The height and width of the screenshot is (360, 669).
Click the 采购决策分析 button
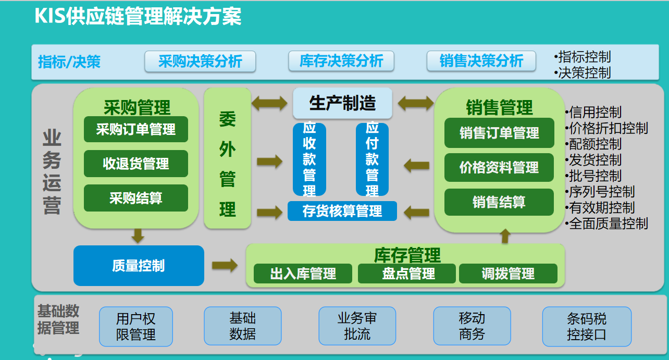(x=200, y=61)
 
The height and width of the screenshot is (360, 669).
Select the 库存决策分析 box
(x=341, y=61)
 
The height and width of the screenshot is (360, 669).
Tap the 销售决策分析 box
(x=481, y=61)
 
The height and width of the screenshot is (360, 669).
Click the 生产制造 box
(x=342, y=103)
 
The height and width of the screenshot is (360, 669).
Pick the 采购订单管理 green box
(x=135, y=129)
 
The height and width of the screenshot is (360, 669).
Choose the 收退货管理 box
(x=135, y=164)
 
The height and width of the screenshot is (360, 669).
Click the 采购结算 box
(x=135, y=198)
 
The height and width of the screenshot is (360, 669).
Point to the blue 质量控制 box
(x=139, y=266)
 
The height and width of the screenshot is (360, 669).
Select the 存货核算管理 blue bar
(x=342, y=211)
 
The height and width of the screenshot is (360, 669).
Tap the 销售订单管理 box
(x=499, y=133)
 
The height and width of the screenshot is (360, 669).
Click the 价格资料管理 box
(x=499, y=167)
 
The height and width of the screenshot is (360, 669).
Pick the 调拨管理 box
(x=508, y=274)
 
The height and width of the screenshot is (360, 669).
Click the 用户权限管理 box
(x=136, y=327)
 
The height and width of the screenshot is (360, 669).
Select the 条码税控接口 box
(x=587, y=327)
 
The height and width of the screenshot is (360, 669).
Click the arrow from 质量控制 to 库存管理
(x=225, y=266)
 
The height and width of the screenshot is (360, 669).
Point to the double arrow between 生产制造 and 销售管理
(x=415, y=103)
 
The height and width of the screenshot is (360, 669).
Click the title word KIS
(x=50, y=17)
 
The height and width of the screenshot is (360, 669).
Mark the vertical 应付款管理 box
(x=372, y=159)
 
